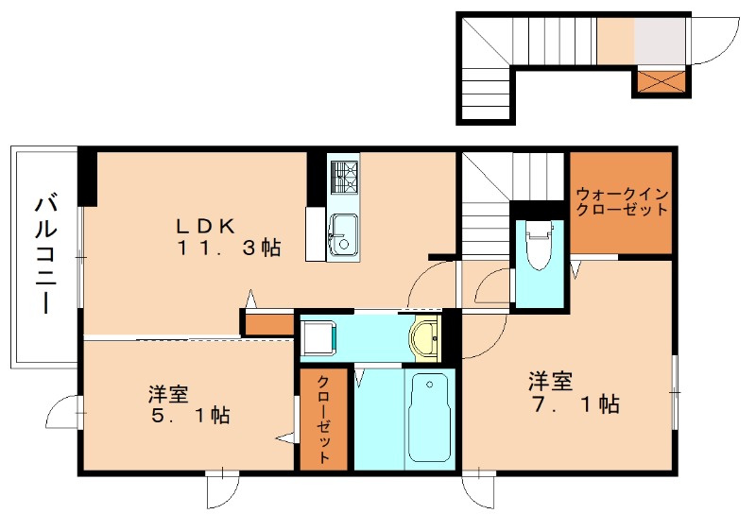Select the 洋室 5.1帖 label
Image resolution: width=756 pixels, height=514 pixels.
pyautogui.click(x=189, y=403)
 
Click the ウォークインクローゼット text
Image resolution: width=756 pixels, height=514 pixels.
pyautogui.click(x=621, y=201)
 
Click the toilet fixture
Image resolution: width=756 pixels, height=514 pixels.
pyautogui.click(x=540, y=244)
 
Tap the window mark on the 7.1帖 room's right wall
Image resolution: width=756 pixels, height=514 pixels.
pyautogui.click(x=675, y=387)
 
